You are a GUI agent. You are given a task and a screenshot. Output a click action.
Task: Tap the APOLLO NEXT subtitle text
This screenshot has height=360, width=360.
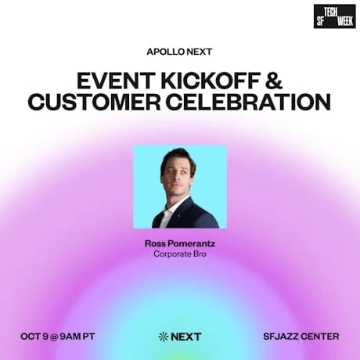click(179, 52)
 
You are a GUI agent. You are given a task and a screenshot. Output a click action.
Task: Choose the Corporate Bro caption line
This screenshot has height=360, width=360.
click(179, 254)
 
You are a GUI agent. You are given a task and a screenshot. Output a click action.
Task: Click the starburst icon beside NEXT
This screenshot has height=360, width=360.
click(163, 337)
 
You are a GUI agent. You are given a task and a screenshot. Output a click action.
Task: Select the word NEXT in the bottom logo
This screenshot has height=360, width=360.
click(186, 337)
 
